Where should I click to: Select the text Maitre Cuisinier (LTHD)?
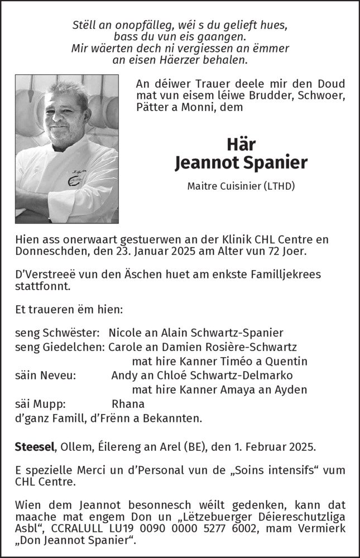tap(242, 186)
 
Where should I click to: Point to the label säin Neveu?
tap(46, 374)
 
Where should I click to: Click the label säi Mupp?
tap(41, 403)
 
